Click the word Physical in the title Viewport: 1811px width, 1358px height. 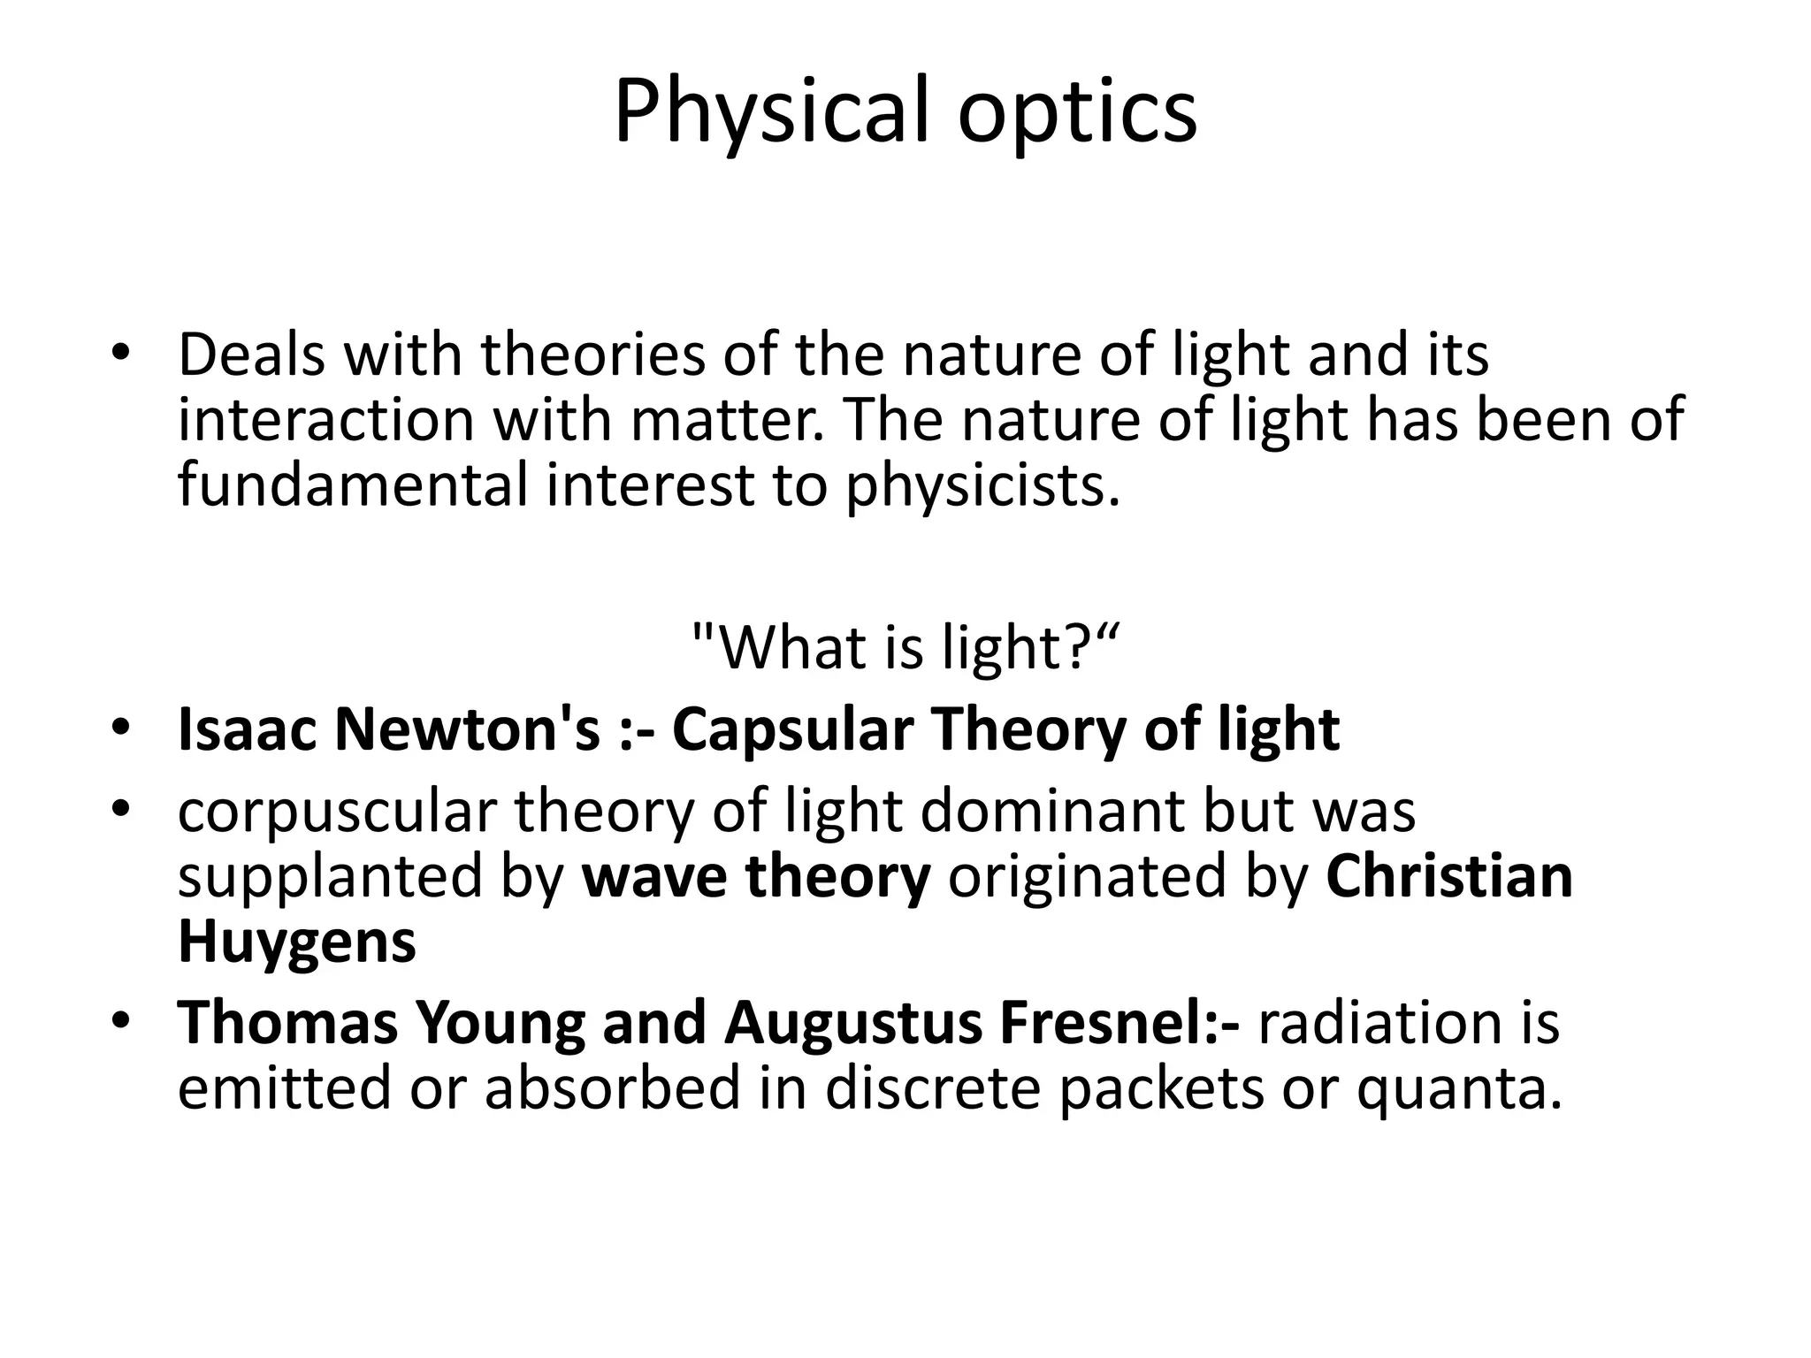(770, 113)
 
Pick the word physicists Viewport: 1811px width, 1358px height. (982, 486)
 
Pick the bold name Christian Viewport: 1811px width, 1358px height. (1449, 877)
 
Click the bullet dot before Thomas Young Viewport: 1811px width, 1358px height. (121, 1022)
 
